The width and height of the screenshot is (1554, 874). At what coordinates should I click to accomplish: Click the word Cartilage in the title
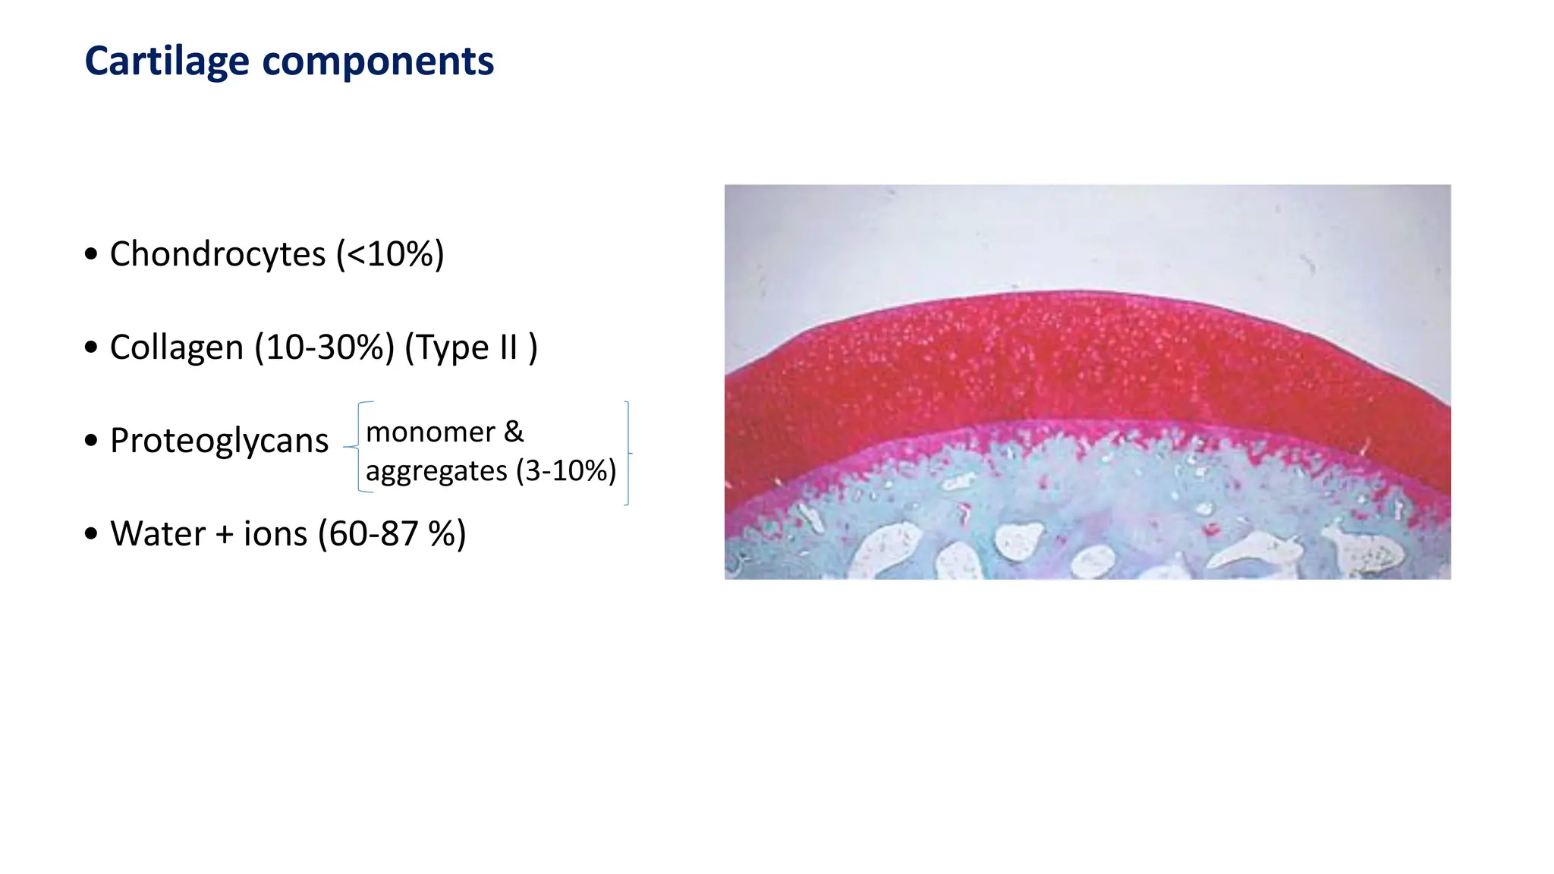click(x=166, y=61)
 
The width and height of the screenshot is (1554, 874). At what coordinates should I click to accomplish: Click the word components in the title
click(x=378, y=61)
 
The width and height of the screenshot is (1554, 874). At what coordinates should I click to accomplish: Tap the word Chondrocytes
click(x=218, y=253)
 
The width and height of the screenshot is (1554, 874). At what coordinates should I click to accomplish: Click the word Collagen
click(x=177, y=347)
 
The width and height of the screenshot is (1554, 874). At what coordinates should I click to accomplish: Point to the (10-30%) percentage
click(x=325, y=347)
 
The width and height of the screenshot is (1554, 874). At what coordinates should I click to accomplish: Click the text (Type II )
click(x=471, y=347)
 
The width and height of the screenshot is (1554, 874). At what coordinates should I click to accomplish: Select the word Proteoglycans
click(x=219, y=441)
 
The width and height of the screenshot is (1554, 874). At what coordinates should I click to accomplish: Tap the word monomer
click(x=430, y=432)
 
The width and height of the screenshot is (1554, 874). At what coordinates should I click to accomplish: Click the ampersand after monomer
click(x=514, y=432)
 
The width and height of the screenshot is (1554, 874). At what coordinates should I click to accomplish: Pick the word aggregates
click(x=436, y=471)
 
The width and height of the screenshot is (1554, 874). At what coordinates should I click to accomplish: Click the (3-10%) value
click(x=566, y=471)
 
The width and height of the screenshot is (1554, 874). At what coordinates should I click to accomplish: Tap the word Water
click(x=158, y=534)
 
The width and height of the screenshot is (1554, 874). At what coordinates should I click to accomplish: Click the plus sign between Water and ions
click(x=225, y=534)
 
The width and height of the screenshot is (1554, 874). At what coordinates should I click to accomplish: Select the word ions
click(x=275, y=534)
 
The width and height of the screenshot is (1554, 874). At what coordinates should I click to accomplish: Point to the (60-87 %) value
click(x=392, y=534)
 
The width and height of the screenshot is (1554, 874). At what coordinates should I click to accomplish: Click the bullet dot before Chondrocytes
click(x=92, y=254)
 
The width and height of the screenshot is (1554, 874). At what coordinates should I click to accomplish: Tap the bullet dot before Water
click(x=92, y=534)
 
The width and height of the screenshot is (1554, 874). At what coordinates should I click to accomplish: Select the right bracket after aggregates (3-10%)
click(x=627, y=453)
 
